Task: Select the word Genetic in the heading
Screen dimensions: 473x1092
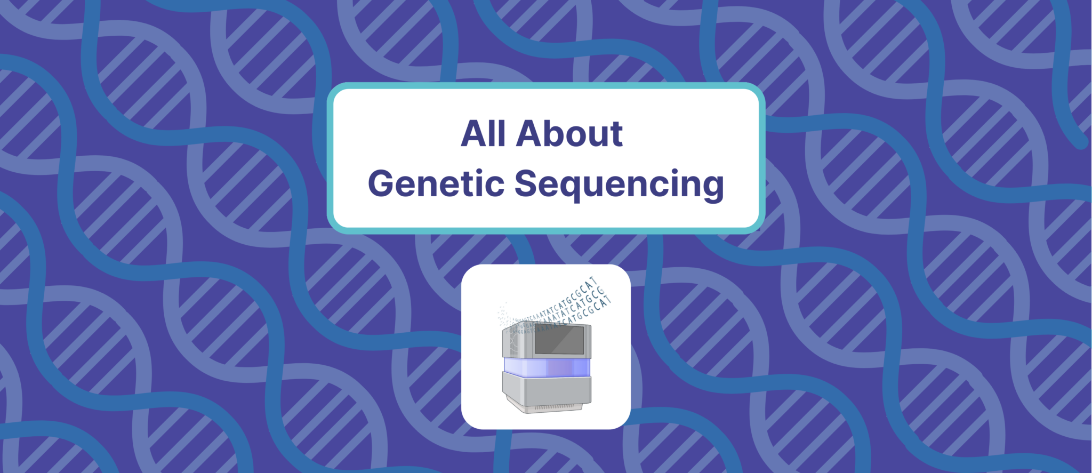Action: [x=436, y=183]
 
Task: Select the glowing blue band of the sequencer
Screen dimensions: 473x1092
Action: [x=547, y=367]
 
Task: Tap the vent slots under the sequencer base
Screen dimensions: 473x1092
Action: [x=555, y=407]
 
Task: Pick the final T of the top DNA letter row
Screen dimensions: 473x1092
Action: [x=595, y=281]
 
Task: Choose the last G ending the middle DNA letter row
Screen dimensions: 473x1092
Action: [x=601, y=291]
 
